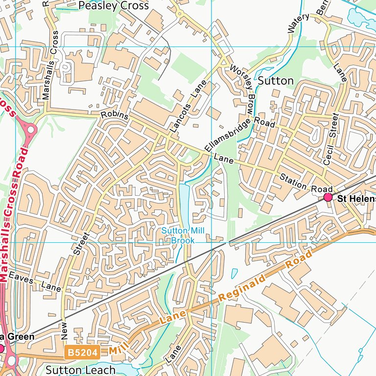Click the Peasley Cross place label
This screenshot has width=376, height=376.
pyautogui.click(x=114, y=6)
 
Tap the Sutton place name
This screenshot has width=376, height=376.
pyautogui.click(x=276, y=80)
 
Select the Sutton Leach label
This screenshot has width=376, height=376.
pyautogui.click(x=81, y=370)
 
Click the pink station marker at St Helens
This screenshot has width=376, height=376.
pyautogui.click(x=328, y=197)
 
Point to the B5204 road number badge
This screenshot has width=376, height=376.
pyautogui.click(x=82, y=352)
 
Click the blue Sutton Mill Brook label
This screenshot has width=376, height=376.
pyautogui.click(x=183, y=235)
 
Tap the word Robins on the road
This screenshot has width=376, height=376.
pyautogui.click(x=114, y=116)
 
